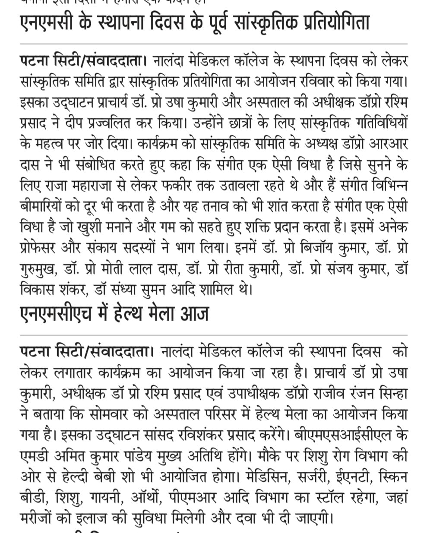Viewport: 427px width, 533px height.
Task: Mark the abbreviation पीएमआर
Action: pos(197,497)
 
